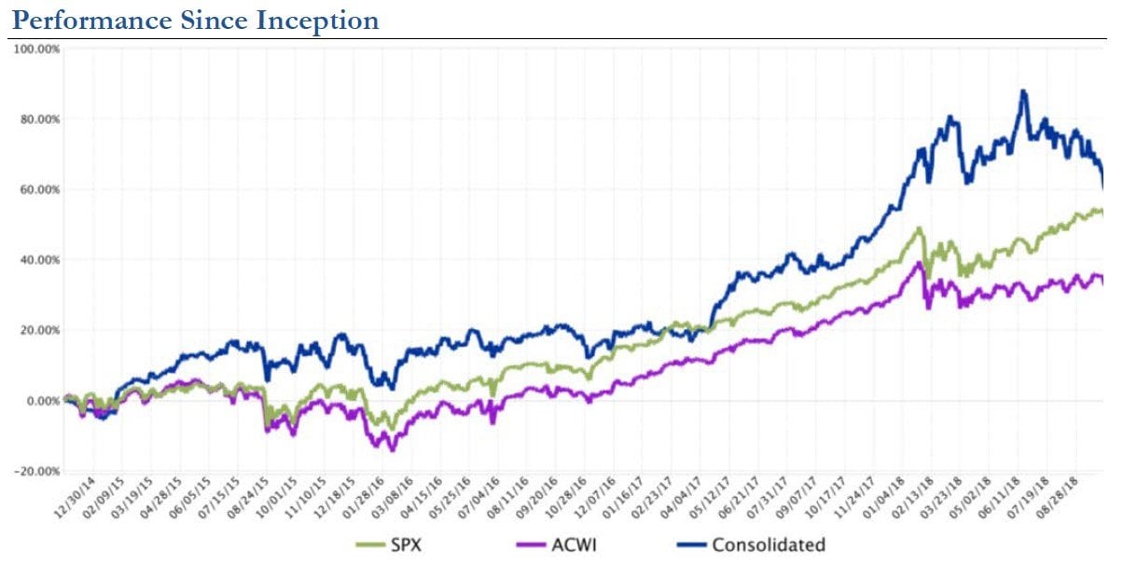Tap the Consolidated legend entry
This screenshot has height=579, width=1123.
769,545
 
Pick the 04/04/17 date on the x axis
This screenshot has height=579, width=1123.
681,501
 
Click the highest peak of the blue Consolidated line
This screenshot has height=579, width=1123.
1023,91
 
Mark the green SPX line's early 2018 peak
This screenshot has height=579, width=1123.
920,228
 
